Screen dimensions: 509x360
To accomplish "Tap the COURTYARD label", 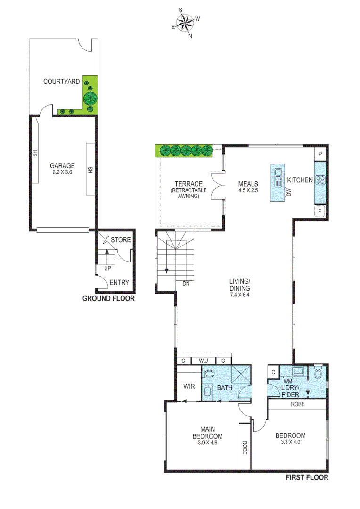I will click(61, 82).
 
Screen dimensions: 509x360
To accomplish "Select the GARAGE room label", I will click(63, 165).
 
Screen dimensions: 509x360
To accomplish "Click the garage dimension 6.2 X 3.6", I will click(63, 172).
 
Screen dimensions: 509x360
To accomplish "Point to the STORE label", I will click(121, 240).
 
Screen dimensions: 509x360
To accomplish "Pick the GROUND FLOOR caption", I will click(108, 298).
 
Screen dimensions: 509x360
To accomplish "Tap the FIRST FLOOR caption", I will click(307, 477).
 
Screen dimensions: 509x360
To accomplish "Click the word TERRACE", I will click(188, 184).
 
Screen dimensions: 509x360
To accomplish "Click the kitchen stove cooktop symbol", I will click(321, 179).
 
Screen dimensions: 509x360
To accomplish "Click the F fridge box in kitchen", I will click(320, 212).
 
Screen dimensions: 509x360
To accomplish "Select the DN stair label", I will click(186, 284).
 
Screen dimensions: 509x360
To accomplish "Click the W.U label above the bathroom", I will click(204, 361).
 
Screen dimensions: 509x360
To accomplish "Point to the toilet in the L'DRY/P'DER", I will click(318, 374).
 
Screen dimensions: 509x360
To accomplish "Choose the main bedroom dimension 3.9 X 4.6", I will click(207, 443).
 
